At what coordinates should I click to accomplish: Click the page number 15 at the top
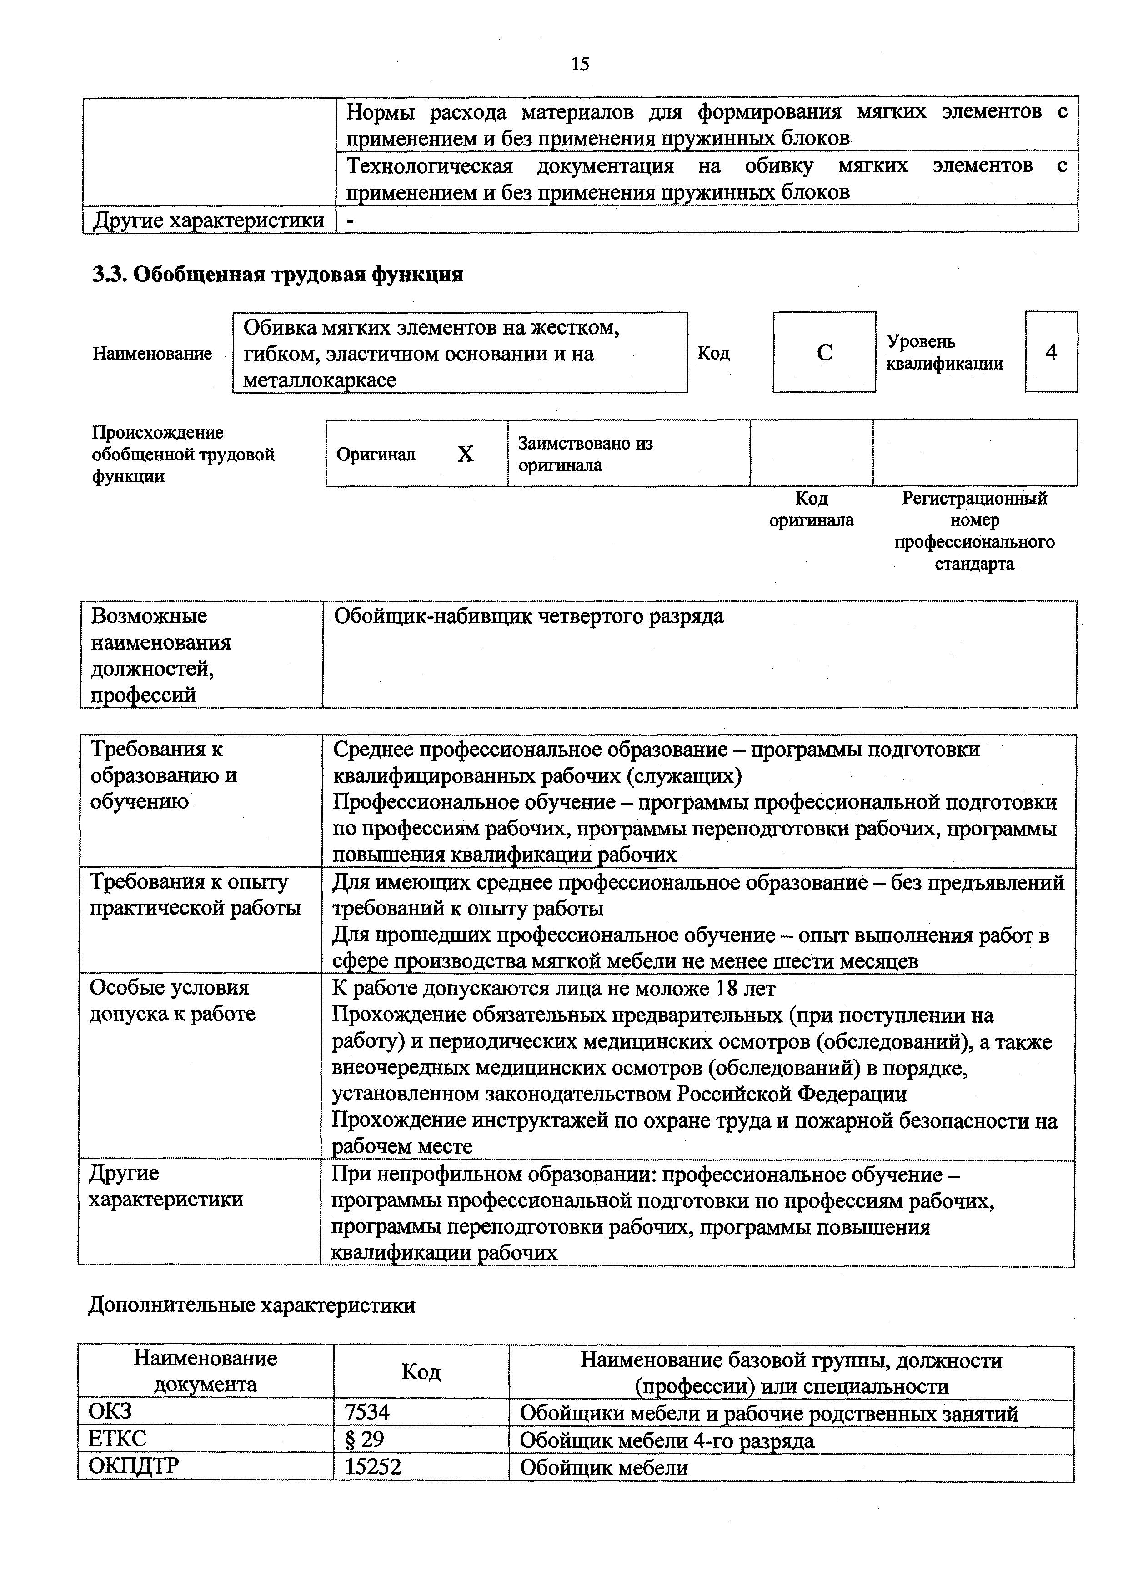580,65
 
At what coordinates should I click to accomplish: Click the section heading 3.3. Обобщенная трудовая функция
278,275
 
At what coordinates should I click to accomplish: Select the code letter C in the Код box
824,353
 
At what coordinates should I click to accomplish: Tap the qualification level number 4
1051,352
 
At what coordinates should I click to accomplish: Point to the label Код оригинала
811,509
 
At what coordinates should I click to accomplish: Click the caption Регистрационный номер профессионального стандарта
974,531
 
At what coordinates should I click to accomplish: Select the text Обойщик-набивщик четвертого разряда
528,616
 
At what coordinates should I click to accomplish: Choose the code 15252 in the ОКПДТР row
373,1466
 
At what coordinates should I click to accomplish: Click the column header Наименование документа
205,1371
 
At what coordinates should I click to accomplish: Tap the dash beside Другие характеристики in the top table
350,220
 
